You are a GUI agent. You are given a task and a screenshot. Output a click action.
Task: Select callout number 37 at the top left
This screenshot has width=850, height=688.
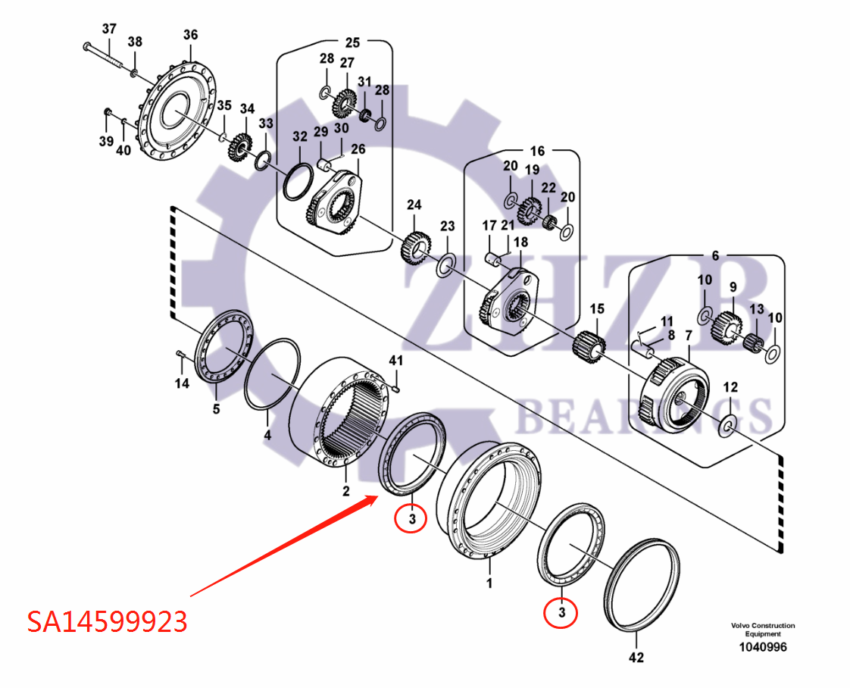point(109,29)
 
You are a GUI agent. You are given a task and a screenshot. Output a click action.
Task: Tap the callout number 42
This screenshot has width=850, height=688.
point(636,658)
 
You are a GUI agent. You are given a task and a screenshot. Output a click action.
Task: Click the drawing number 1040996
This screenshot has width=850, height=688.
point(763,647)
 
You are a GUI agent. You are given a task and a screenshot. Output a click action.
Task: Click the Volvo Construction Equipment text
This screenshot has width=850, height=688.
point(763,630)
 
